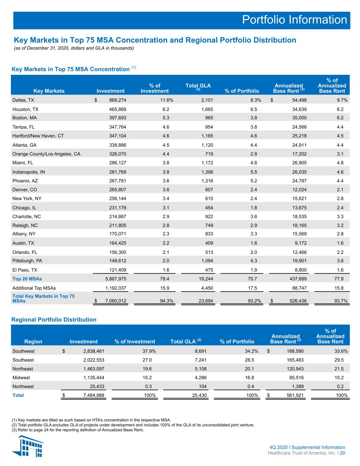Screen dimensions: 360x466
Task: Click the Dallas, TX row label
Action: click(23, 100)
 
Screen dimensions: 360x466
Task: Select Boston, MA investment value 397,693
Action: click(118, 118)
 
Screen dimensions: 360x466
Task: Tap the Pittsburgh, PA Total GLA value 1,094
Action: click(207, 261)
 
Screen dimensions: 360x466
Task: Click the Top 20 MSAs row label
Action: click(27, 279)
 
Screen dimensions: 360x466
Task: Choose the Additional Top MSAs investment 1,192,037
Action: click(116, 288)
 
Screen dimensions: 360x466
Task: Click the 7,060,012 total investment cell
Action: click(116, 301)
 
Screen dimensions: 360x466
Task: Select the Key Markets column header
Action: click(49, 91)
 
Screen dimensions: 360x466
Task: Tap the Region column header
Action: click(33, 342)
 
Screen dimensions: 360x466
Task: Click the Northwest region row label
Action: click(23, 386)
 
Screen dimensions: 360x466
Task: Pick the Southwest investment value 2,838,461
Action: click(93, 351)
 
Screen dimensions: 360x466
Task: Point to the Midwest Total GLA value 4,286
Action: click(201, 378)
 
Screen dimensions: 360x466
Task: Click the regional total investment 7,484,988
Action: click(93, 395)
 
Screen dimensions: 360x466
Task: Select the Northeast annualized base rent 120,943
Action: click(295, 369)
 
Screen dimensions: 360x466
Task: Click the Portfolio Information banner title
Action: click(294, 20)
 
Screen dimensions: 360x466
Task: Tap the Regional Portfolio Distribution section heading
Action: click(54, 320)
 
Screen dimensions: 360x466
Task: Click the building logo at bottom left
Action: click(28, 446)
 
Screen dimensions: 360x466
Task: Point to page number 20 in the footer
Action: click(343, 453)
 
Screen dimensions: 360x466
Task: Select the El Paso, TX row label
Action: click(25, 270)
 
